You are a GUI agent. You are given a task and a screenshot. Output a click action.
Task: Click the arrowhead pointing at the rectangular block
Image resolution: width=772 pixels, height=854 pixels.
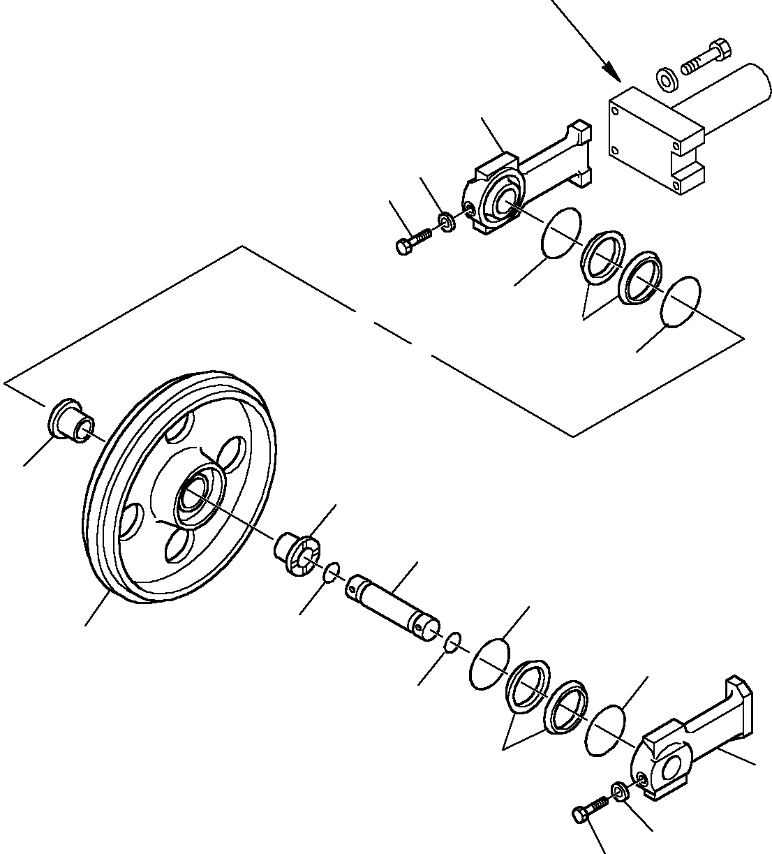click(611, 71)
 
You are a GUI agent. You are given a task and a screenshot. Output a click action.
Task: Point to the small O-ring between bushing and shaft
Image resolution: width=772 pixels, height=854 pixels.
click(332, 573)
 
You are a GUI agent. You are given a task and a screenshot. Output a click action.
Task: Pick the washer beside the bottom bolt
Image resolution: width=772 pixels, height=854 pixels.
click(618, 790)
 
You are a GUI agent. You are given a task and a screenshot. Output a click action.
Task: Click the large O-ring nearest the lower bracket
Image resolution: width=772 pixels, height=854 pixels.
click(606, 730)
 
